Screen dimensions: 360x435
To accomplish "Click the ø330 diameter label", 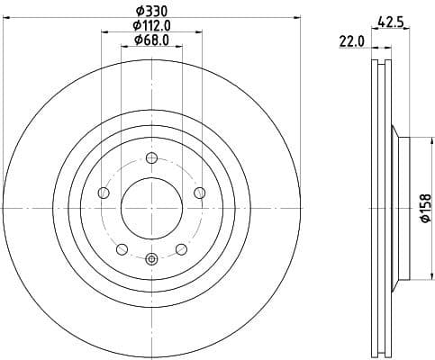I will pyautogui.click(x=151, y=11).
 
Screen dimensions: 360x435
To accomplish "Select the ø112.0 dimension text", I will pyautogui.click(x=151, y=25).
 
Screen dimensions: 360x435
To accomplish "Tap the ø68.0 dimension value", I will pyautogui.click(x=151, y=40).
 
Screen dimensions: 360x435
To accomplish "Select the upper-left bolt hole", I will pyautogui.click(x=104, y=193).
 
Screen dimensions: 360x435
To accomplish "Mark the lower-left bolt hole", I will pyautogui.click(x=122, y=248).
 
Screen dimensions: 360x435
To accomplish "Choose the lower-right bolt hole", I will pyautogui.click(x=181, y=248).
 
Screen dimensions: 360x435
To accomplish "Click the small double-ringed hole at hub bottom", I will pyautogui.click(x=151, y=259).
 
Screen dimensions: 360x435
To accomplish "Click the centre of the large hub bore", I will pyautogui.click(x=151, y=208).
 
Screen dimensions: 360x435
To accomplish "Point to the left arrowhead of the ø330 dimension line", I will pyautogui.click(x=5, y=19).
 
